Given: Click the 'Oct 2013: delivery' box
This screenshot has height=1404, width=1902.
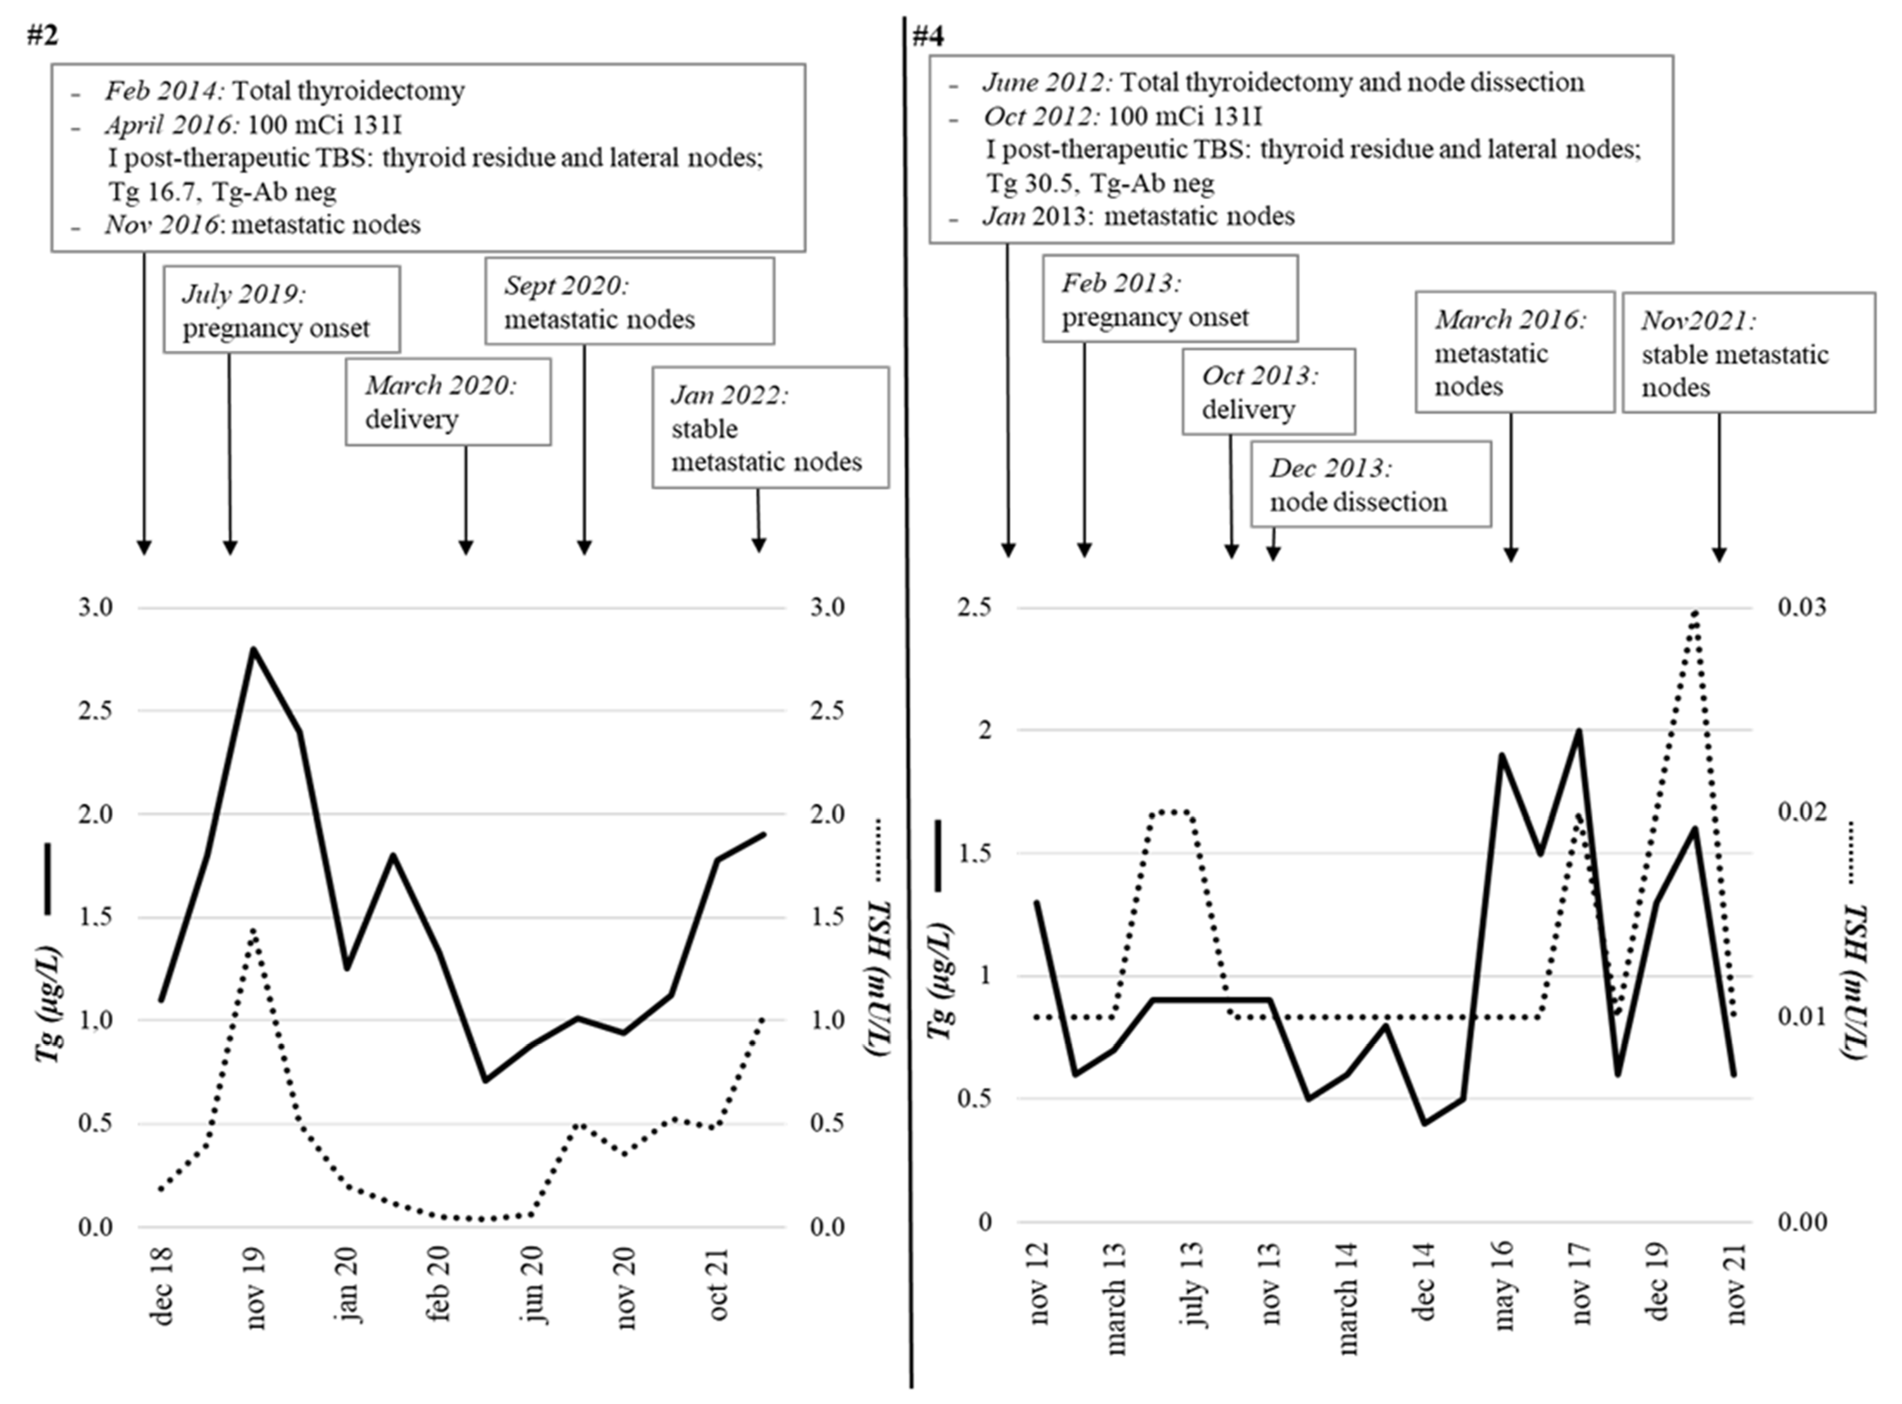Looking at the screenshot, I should tap(1268, 392).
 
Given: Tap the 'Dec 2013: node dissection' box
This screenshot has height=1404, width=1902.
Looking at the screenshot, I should tap(1370, 485).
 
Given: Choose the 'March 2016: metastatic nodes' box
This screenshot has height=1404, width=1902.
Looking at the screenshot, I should tap(1514, 352).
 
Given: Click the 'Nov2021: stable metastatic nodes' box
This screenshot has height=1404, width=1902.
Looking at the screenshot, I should tap(1748, 354).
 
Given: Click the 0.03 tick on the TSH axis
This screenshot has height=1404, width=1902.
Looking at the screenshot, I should tap(1802, 608).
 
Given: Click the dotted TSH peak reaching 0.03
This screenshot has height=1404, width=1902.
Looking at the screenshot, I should tap(1695, 612).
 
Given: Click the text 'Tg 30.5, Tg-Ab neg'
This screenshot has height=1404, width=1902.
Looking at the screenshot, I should tap(1100, 183).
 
